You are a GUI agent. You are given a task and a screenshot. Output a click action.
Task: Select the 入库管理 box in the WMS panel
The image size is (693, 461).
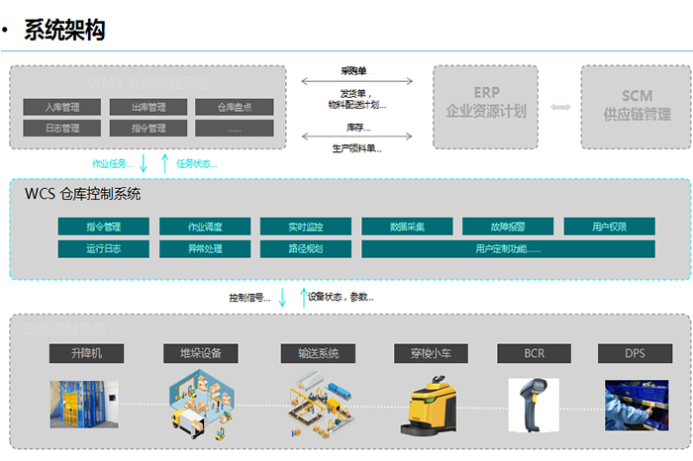click(x=62, y=107)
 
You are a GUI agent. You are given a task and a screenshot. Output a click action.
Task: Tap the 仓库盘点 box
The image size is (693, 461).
click(x=234, y=107)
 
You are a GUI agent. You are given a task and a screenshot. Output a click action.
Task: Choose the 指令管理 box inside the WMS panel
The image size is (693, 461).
click(x=148, y=128)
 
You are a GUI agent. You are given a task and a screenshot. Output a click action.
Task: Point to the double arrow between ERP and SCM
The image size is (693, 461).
click(x=561, y=106)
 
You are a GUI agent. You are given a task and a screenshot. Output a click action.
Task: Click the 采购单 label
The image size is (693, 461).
click(x=354, y=71)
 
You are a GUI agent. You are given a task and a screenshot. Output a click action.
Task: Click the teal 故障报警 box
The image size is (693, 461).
click(x=508, y=227)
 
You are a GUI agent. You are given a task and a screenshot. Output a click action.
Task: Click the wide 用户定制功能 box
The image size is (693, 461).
click(x=508, y=248)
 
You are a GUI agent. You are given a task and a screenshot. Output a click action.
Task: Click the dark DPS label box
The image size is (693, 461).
click(x=635, y=352)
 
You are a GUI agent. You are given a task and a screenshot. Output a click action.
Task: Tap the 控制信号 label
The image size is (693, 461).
click(x=248, y=297)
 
